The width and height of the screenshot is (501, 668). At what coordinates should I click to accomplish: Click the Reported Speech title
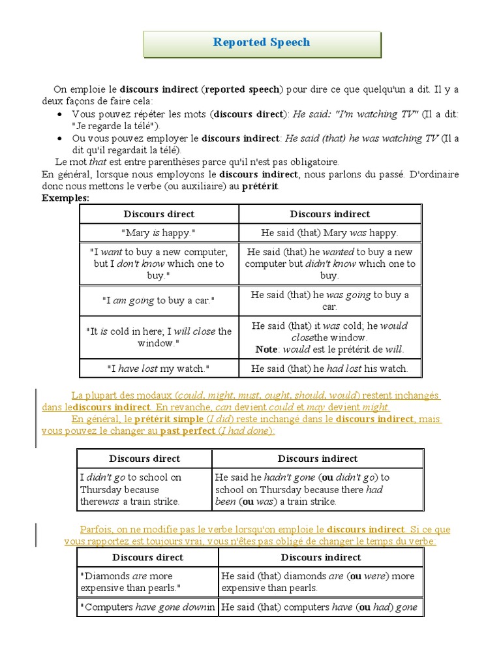pos(262,42)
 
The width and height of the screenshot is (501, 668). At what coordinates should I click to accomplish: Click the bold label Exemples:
pos(65,198)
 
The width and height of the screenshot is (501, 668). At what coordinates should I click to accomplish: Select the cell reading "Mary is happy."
pos(159,233)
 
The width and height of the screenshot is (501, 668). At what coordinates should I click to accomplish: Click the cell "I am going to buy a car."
pos(159,301)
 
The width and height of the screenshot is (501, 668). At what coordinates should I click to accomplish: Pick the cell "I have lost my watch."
pos(159,369)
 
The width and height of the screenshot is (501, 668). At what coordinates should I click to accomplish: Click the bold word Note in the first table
pos(266,350)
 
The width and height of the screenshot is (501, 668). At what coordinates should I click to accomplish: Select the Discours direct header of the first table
pos(159,214)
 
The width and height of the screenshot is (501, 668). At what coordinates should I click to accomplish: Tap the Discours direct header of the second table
pos(144,459)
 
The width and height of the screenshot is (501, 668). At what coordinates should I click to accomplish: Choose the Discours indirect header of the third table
pos(320,557)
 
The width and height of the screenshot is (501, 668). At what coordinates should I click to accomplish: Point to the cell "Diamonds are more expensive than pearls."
pos(147,582)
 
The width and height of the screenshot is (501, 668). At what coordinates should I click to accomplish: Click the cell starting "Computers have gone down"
pos(147,607)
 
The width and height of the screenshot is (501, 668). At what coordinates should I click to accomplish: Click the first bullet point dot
pos(60,114)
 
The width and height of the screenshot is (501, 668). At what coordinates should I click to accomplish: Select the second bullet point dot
pos(60,139)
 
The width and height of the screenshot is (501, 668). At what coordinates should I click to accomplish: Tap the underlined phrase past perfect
pos(187,431)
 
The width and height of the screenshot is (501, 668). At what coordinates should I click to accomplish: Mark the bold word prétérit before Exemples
pos(260,187)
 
